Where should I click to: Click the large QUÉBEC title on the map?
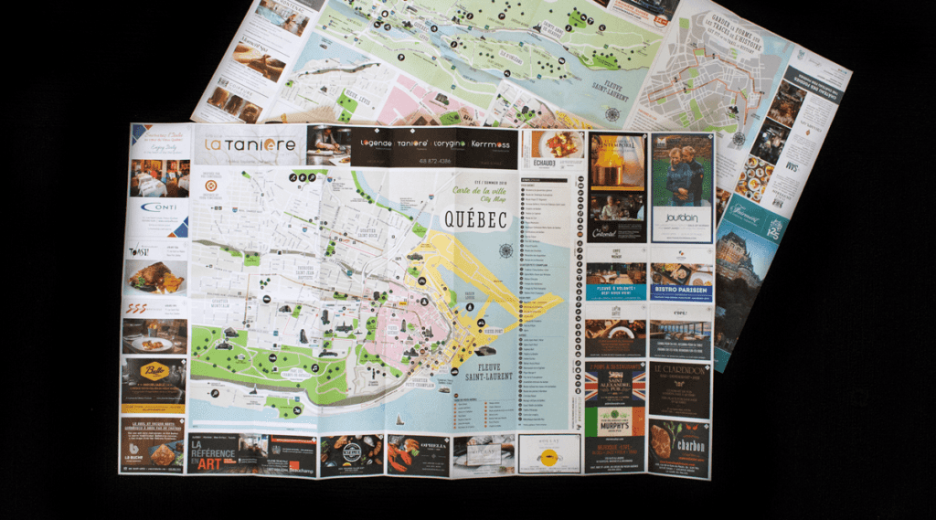473,220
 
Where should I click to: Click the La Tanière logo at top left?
237,144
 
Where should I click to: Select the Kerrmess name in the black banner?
491,143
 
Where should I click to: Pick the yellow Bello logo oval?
154,372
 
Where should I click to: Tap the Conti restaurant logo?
158,207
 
